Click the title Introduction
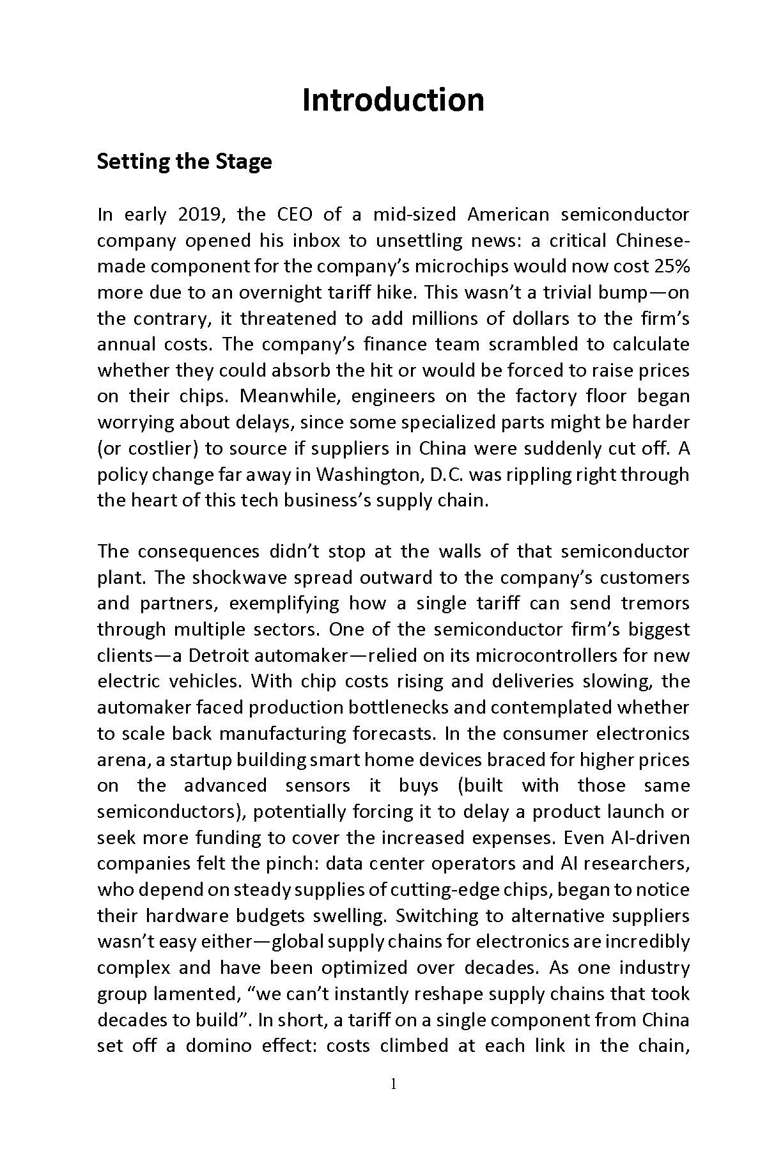(392, 100)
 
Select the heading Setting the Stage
(184, 161)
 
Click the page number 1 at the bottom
(393, 1083)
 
